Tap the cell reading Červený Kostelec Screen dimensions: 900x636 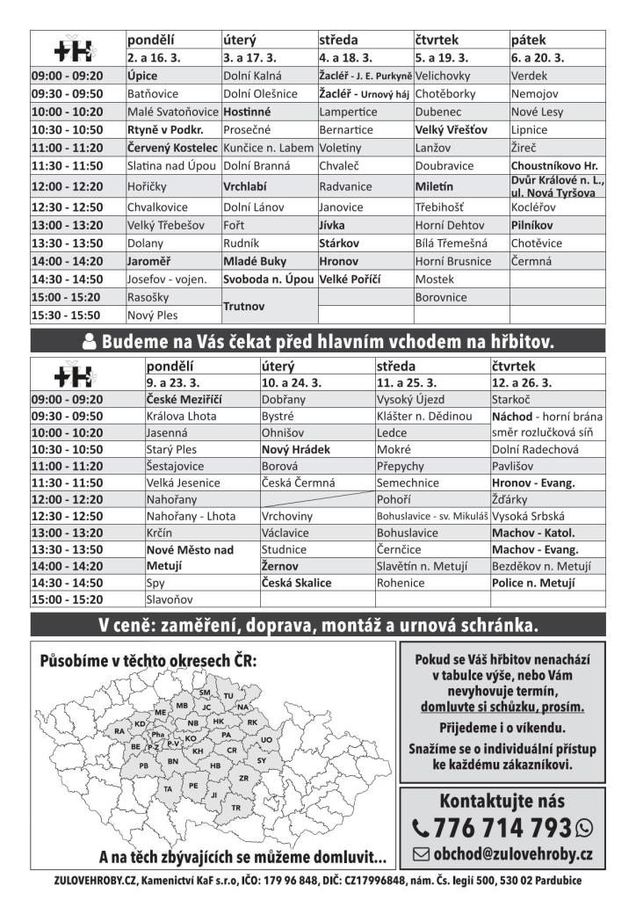(x=172, y=148)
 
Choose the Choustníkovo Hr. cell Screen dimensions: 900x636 (x=554, y=165)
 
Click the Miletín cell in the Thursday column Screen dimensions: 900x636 (x=436, y=186)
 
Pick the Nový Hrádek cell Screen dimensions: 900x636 (x=296, y=449)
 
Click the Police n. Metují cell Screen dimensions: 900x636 (x=534, y=583)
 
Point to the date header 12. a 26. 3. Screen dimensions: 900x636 (x=523, y=383)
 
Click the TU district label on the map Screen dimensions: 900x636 (x=229, y=695)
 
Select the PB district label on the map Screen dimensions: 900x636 (x=143, y=765)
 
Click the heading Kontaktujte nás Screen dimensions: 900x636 (x=502, y=801)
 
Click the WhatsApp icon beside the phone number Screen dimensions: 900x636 (x=583, y=828)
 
